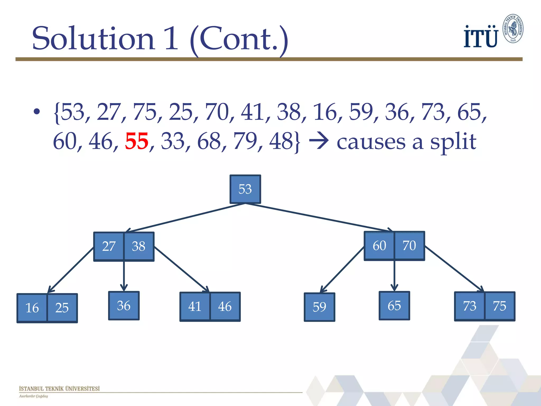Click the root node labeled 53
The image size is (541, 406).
245,189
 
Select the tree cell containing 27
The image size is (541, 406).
109,246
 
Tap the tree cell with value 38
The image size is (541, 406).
139,246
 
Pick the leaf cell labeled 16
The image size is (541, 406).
32,308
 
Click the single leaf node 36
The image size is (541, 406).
124,306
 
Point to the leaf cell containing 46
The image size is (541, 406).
225,307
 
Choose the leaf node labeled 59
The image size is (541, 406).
319,307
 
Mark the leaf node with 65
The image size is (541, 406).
394,306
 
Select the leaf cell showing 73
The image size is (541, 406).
470,306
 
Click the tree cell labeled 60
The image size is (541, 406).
379,246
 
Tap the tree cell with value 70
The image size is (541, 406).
409,246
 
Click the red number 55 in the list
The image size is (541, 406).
137,141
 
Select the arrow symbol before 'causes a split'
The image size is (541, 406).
319,141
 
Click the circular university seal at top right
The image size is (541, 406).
513,29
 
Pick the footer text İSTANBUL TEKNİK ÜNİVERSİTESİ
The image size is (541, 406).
59,389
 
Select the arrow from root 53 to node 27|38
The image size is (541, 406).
185,218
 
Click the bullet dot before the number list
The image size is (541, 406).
36,112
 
